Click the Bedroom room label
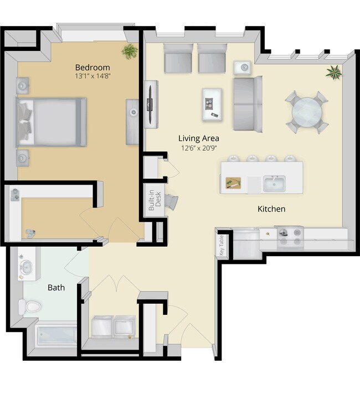92,67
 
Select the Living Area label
199,138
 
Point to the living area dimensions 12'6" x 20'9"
199,148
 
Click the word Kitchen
271,209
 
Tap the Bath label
56,287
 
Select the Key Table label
221,244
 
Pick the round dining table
306,112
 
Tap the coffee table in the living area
212,104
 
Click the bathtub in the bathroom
55,335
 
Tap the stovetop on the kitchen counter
290,237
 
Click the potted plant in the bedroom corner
130,52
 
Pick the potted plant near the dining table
334,72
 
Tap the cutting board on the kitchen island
233,183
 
